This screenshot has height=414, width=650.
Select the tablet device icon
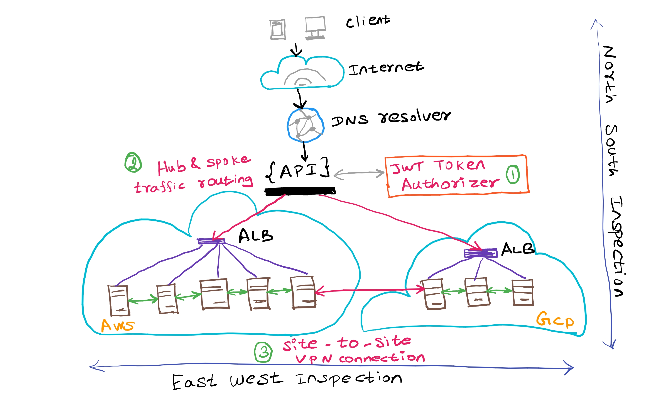click(278, 29)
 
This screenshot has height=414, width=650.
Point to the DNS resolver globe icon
click(305, 125)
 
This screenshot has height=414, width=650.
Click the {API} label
click(298, 170)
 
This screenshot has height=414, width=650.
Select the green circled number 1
click(513, 175)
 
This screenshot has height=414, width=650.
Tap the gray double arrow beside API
click(359, 173)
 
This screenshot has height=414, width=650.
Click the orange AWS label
click(117, 325)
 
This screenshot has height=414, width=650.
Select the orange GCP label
click(555, 320)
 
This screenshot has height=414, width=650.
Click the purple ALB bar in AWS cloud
click(211, 241)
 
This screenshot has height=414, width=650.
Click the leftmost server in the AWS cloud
click(119, 300)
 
